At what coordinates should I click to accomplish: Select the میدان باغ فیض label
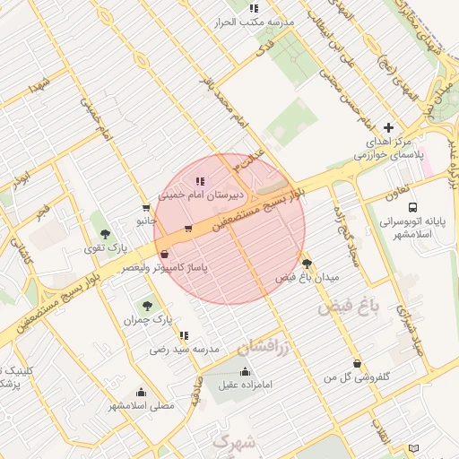point(307,278)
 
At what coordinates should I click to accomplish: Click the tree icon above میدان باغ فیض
point(308,264)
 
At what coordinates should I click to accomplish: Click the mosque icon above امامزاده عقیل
point(246,371)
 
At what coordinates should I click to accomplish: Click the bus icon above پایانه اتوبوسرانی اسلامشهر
point(411,206)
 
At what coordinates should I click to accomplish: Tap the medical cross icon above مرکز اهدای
point(388,128)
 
